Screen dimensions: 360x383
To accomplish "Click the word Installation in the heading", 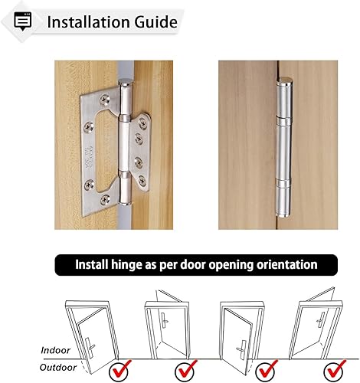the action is tap(89, 22).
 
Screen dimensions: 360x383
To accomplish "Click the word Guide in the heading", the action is tap(155, 22).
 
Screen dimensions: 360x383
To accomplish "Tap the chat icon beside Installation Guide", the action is tap(23, 21).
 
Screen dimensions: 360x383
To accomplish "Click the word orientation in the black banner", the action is tap(287, 264).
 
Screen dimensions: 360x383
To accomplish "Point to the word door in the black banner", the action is tap(193, 264).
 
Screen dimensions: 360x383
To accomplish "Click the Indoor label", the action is tap(55, 350).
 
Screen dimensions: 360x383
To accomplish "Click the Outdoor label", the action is tap(58, 368).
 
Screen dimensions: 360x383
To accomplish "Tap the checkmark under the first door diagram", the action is tap(119, 370).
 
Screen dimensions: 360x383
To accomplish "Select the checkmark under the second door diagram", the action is tap(185, 370).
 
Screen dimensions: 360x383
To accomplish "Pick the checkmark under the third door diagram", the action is tap(267, 370).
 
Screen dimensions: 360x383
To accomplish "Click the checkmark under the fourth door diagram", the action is tap(335, 370).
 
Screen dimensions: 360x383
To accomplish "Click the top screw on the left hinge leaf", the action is tap(105, 100).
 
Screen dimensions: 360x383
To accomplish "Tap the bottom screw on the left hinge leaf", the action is tap(105, 200).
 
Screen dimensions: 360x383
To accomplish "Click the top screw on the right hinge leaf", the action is tap(142, 123).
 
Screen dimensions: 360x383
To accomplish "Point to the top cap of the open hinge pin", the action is tap(126, 82).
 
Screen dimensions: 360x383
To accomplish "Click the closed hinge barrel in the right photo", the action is tap(283, 147).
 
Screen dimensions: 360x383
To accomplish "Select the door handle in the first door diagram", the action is tap(90, 345).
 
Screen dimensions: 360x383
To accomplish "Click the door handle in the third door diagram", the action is tap(241, 348).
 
